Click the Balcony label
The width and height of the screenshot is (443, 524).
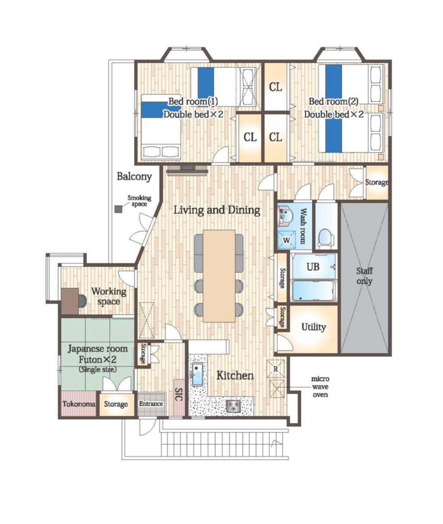click(134, 177)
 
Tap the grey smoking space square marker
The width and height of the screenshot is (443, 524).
click(118, 209)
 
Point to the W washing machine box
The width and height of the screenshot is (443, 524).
click(286, 239)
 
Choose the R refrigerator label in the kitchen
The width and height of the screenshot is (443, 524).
click(276, 369)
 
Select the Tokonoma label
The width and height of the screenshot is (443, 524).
click(79, 404)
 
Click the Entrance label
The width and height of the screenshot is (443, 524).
click(151, 404)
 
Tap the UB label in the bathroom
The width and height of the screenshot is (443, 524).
click(313, 266)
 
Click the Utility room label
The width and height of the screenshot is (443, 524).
click(313, 327)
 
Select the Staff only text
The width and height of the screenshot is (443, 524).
click(364, 276)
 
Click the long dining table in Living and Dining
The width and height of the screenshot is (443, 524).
click(219, 276)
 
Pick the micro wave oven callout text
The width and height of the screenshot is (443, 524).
click(320, 387)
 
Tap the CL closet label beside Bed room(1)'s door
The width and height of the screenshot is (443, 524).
click(250, 137)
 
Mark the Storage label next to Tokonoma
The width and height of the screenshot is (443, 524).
click(116, 404)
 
